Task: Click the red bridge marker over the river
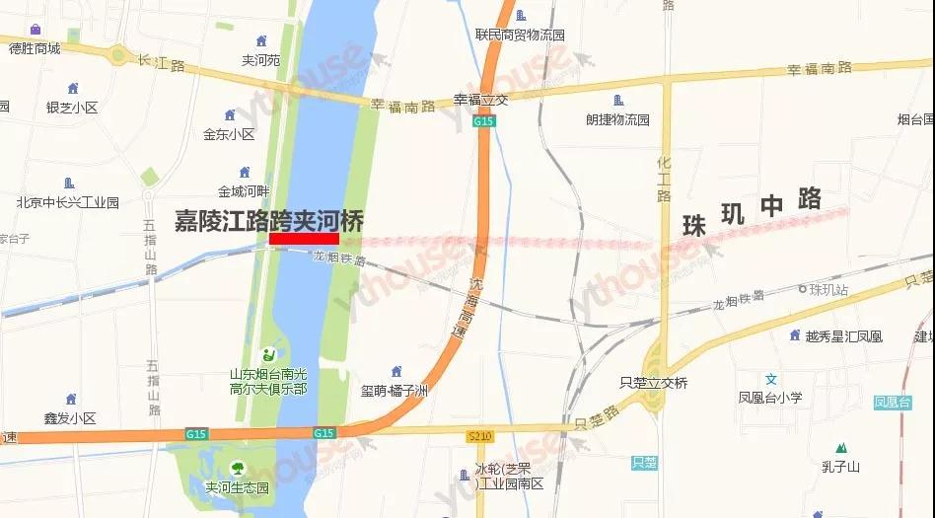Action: (x=304, y=238)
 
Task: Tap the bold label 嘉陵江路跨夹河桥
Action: (x=268, y=219)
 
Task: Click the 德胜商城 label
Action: (x=35, y=48)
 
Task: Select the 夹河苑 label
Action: (x=260, y=59)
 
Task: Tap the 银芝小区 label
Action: (x=71, y=108)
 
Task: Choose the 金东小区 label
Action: (x=229, y=134)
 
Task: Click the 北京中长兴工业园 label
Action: (x=67, y=202)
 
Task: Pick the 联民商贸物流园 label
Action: (x=520, y=35)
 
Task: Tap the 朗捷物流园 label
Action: (x=617, y=119)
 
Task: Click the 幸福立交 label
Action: (x=480, y=99)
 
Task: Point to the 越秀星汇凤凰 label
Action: (x=843, y=336)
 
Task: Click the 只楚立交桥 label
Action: (x=654, y=383)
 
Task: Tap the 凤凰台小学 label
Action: (x=770, y=399)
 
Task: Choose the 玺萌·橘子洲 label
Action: (x=395, y=391)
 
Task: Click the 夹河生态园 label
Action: (x=237, y=487)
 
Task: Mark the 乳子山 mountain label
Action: (x=840, y=467)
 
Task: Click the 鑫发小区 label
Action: (x=70, y=418)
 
